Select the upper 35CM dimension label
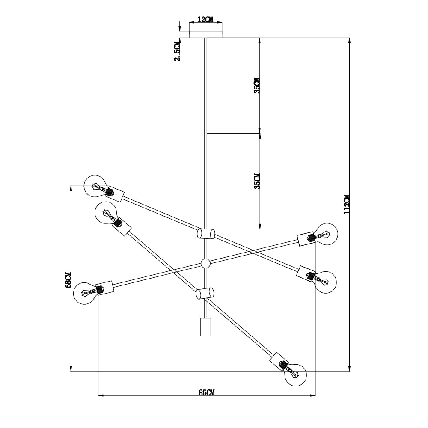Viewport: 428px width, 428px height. (x=256, y=86)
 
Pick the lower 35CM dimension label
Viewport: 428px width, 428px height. (x=256, y=181)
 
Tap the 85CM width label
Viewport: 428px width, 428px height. (x=207, y=392)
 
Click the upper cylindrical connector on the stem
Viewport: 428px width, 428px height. (x=206, y=234)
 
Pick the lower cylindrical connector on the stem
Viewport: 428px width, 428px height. (x=205, y=293)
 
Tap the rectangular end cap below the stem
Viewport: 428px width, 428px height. (x=206, y=327)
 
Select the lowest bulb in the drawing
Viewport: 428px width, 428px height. (x=295, y=375)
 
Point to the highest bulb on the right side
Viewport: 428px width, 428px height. (x=326, y=234)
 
